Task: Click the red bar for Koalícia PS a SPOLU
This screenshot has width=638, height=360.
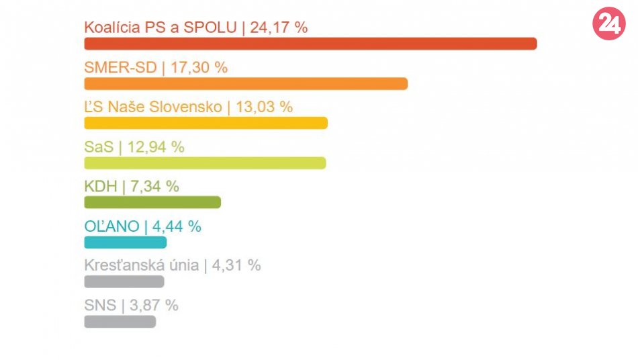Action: point(310,44)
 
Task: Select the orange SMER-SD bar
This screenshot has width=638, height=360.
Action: point(246,83)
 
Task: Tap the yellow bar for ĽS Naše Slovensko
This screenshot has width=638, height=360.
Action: point(206,123)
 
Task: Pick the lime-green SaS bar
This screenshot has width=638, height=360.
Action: point(205,163)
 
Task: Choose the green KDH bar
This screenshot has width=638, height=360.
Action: point(152,202)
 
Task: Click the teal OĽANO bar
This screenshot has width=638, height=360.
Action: point(126,242)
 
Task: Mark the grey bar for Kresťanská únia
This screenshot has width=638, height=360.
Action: point(124,281)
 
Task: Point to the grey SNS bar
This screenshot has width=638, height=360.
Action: point(120,321)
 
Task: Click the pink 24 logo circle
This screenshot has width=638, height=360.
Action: point(608,24)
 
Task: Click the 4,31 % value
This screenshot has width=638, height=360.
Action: point(236,265)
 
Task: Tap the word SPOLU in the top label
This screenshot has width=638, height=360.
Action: point(212,28)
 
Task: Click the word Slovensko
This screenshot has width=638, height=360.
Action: point(189,107)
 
